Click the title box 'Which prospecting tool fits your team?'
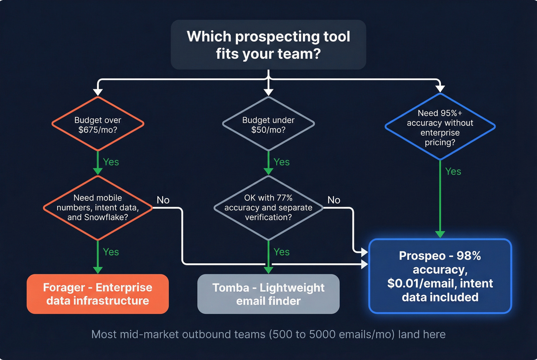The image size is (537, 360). pyautogui.click(x=268, y=45)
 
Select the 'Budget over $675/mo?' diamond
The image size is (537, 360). pyautogui.click(x=98, y=124)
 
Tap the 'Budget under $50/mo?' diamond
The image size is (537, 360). pyautogui.click(x=268, y=124)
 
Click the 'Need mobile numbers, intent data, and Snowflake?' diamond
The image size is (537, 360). pyautogui.click(x=98, y=207)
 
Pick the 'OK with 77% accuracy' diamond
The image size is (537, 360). pyautogui.click(x=268, y=207)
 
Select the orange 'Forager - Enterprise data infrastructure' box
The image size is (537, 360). pyautogui.click(x=98, y=294)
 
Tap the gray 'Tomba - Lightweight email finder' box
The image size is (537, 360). pyautogui.click(x=268, y=294)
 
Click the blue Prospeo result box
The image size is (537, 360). pyautogui.click(x=440, y=276)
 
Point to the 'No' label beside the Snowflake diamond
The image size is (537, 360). pyautogui.click(x=163, y=200)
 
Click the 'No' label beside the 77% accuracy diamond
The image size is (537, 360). pyautogui.click(x=334, y=200)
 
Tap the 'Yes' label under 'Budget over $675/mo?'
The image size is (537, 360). pyautogui.click(x=111, y=162)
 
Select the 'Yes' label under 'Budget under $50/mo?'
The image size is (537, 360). pyautogui.click(x=282, y=162)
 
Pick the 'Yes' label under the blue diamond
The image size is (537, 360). pyautogui.click(x=453, y=172)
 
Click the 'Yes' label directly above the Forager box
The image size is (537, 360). pyautogui.click(x=111, y=252)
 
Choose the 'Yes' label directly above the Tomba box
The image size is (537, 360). pyautogui.click(x=282, y=252)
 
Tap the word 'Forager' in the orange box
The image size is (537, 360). pyautogui.click(x=64, y=288)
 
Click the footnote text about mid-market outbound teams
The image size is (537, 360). pyautogui.click(x=268, y=334)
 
